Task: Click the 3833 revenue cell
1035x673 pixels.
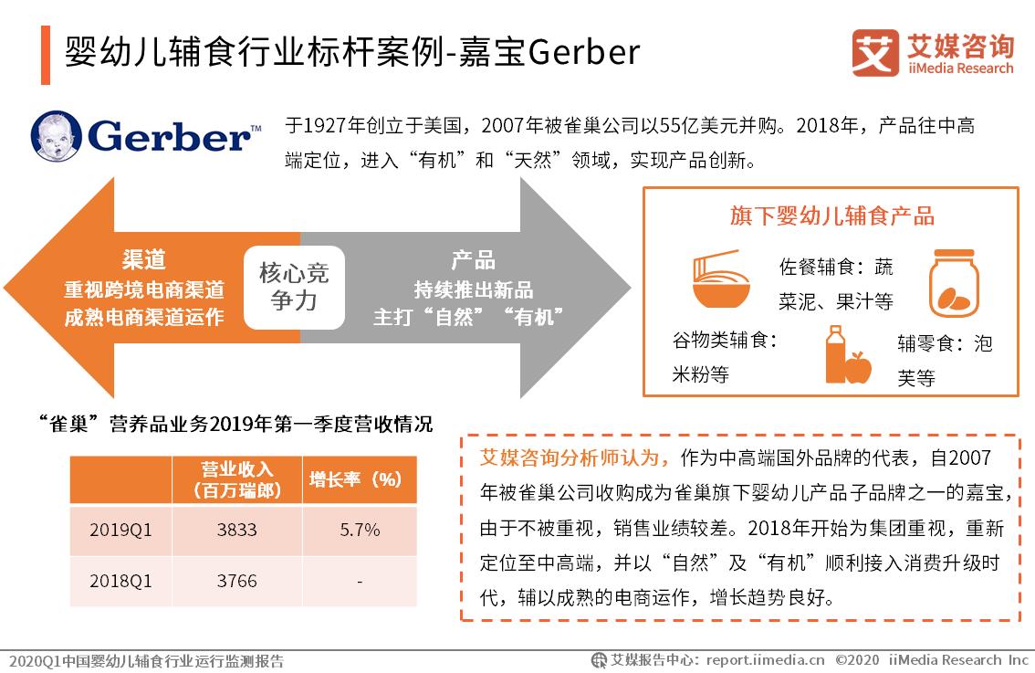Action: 237,530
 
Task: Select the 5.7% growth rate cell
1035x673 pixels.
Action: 360,530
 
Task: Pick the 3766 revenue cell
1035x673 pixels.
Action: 237,581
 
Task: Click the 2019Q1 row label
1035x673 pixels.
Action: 120,530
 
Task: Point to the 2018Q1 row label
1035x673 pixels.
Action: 120,581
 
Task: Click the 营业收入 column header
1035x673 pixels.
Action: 237,479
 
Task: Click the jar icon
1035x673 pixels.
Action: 952,284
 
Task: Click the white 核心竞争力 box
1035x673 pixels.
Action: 294,287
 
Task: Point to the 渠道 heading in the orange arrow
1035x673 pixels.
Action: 144,260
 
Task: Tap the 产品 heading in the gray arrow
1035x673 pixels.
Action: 474,260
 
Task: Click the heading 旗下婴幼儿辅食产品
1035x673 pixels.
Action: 831,216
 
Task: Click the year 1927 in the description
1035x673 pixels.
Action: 323,125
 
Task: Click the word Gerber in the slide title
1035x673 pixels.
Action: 583,52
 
